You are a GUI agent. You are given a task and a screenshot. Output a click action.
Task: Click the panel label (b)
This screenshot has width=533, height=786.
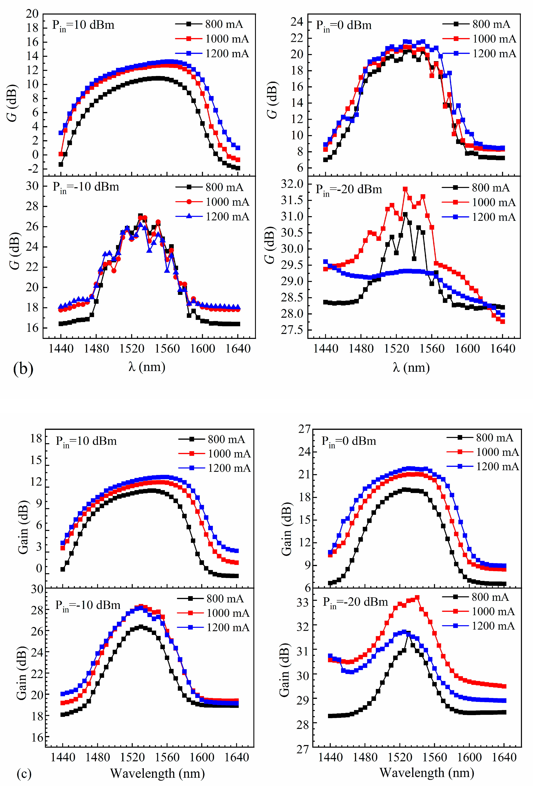[23, 369]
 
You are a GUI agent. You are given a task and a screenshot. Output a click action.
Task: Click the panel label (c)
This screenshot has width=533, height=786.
[24, 774]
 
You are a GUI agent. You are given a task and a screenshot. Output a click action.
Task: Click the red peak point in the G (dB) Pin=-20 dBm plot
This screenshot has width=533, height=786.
[405, 189]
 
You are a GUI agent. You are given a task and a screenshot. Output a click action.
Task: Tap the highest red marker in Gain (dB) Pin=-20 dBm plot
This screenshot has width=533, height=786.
[417, 598]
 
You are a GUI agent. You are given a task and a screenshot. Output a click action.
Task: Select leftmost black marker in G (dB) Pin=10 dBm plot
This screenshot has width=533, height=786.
[61, 164]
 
